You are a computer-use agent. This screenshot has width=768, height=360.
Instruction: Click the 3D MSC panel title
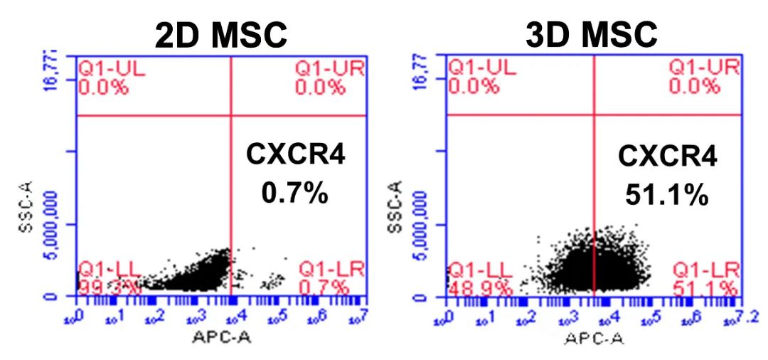click(591, 34)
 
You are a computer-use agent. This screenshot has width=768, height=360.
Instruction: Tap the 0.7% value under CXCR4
click(295, 192)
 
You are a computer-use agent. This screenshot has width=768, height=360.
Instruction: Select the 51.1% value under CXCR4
click(667, 194)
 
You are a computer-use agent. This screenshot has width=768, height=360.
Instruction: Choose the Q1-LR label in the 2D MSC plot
click(331, 270)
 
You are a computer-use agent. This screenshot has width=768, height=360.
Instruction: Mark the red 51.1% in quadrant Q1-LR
click(705, 288)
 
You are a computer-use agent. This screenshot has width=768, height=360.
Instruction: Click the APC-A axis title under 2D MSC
click(222, 337)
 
